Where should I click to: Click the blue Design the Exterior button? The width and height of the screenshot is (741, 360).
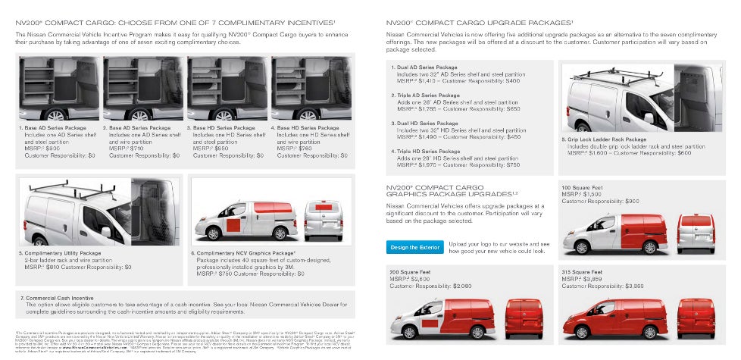(x=414, y=247)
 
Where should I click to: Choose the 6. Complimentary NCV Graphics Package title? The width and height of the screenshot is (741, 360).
(x=243, y=252)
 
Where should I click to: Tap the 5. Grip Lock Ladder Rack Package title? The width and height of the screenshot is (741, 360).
(x=605, y=139)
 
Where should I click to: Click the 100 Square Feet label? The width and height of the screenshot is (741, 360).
(x=582, y=187)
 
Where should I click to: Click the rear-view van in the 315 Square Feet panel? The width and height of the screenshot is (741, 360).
(x=696, y=318)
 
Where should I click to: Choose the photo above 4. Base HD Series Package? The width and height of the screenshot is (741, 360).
(x=314, y=89)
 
